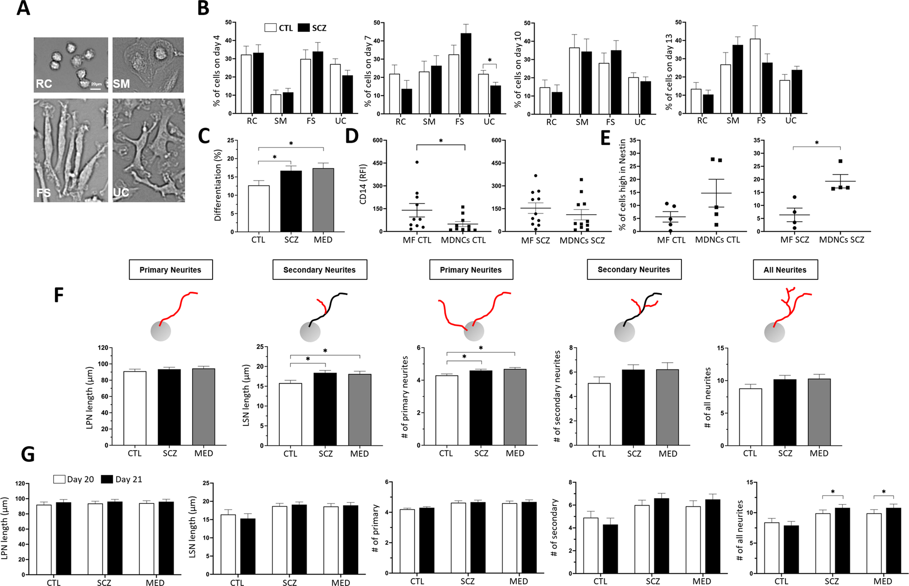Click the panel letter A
pyautogui.click(x=23, y=8)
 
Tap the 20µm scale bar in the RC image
pyautogui.click(x=96, y=88)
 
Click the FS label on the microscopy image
pyautogui.click(x=43, y=192)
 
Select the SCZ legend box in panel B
pyautogui.click(x=304, y=28)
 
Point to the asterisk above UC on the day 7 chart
pyautogui.click(x=490, y=60)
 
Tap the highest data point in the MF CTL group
pyautogui.click(x=416, y=162)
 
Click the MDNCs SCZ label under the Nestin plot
pyautogui.click(x=841, y=240)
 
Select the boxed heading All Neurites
pyautogui.click(x=784, y=270)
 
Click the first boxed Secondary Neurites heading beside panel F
pyautogui.click(x=319, y=270)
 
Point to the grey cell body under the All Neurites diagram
pyautogui.click(x=774, y=333)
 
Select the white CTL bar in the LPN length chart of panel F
pyautogui.click(x=135, y=408)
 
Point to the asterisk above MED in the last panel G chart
pyautogui.click(x=883, y=492)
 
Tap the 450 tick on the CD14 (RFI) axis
pyautogui.click(x=376, y=163)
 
